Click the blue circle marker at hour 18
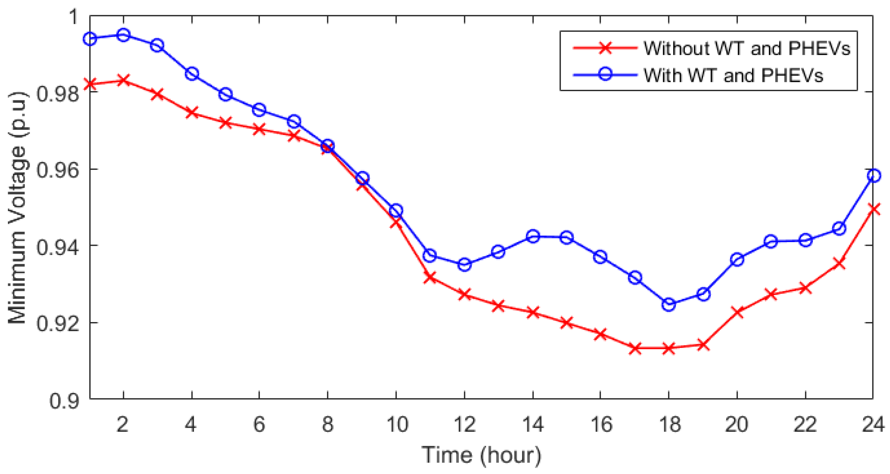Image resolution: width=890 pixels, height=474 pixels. point(669,304)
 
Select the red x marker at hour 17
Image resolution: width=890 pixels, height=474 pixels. point(635,348)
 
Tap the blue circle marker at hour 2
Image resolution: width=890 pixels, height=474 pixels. point(123,35)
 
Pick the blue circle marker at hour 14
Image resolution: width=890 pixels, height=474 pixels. point(533,236)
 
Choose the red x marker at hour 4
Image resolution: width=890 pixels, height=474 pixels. point(192,113)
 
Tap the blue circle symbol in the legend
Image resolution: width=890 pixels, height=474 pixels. point(605,75)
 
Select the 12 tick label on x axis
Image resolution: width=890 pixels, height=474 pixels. point(464,424)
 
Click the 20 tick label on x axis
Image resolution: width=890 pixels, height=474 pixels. point(737,424)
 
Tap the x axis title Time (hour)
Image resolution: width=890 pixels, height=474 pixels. point(481,455)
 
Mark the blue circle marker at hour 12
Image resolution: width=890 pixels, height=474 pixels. point(464,264)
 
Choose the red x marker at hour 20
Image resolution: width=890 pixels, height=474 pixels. point(737,312)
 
